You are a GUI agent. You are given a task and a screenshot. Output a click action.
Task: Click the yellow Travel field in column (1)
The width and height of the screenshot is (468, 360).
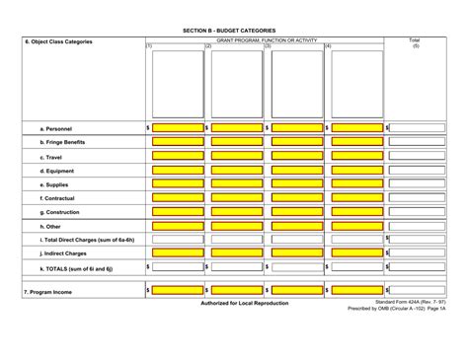(178, 156)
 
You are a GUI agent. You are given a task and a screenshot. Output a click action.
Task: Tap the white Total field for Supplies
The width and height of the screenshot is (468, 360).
(417, 183)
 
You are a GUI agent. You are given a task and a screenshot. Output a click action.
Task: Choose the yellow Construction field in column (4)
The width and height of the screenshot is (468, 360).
(357, 211)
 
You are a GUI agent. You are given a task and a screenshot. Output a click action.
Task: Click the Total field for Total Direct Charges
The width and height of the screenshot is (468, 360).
(417, 239)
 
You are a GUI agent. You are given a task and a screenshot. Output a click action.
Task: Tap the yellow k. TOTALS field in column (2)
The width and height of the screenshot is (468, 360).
(237, 267)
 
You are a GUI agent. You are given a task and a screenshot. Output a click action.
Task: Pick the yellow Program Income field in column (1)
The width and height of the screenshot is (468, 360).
(178, 291)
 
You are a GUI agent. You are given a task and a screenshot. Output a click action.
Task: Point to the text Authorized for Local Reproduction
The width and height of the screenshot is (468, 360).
(245, 303)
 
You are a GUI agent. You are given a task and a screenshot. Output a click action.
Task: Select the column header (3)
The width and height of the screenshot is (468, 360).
(268, 46)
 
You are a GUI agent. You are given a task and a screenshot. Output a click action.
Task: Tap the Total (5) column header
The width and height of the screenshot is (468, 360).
(415, 43)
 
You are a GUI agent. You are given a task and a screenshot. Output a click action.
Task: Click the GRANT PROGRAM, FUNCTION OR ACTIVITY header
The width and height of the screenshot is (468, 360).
(267, 39)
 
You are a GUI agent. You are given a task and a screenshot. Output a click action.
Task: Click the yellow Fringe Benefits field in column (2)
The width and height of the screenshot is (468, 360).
(237, 142)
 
